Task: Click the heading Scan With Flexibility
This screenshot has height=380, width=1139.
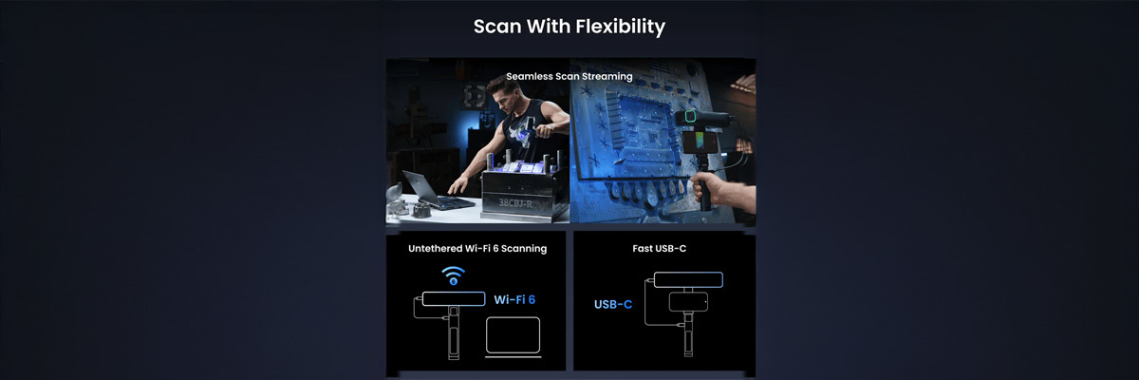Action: point(569,27)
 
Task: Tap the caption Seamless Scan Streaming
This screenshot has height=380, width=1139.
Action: point(569,76)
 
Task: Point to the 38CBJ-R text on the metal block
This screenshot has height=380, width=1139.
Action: point(515,203)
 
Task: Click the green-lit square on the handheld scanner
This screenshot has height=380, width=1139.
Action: point(690,117)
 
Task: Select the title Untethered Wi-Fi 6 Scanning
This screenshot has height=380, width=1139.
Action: point(477,248)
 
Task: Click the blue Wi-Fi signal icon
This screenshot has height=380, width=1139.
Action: point(453,275)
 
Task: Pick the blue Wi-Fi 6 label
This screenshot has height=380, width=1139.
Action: point(514,299)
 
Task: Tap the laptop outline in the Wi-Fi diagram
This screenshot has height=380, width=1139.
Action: point(513,336)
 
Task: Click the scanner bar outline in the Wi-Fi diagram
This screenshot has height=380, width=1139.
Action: point(454,298)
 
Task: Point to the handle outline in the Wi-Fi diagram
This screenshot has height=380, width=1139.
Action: point(454,333)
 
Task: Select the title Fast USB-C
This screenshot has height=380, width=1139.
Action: point(659,248)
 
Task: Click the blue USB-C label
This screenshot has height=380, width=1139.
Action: point(613,304)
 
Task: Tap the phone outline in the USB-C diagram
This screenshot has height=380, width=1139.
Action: point(688,302)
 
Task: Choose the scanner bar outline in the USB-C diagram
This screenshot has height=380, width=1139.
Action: point(688,280)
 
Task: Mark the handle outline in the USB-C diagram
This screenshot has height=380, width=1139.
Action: point(688,334)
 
